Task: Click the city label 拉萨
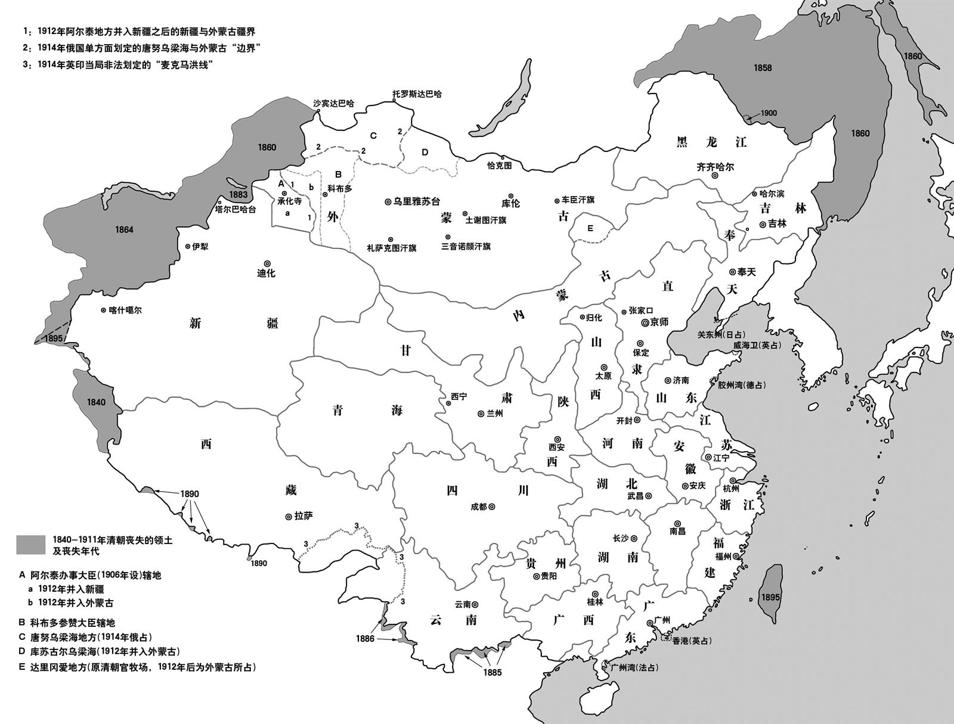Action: [303, 516]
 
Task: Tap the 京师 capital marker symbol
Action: [645, 322]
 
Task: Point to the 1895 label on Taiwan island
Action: [770, 597]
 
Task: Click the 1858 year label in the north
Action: [763, 67]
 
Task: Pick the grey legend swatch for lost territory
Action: [30, 543]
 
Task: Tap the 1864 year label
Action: [125, 229]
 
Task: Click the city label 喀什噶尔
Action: [126, 310]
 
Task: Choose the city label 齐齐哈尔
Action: [715, 167]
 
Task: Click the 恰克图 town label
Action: [499, 166]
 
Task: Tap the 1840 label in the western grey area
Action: [96, 402]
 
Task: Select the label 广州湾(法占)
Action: [634, 667]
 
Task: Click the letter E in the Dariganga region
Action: [590, 228]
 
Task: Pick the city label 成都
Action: [479, 507]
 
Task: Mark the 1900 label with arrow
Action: [769, 113]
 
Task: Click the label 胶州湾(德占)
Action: [741, 385]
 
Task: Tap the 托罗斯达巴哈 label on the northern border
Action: [417, 94]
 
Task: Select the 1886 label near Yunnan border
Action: [365, 639]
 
